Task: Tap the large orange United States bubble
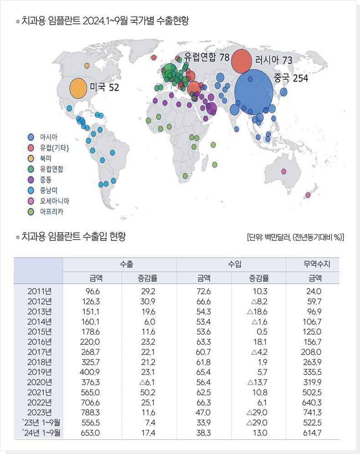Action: coord(78,88)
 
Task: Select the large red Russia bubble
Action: coord(242,61)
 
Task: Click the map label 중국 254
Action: coord(291,78)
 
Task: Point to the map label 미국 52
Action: coord(104,87)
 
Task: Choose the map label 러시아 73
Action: coord(273,60)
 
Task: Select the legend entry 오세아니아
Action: coord(54,201)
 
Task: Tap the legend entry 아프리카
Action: coord(51,212)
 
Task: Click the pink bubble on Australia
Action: coord(284,172)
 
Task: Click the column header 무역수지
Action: coord(312,264)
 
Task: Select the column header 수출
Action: coord(119,264)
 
